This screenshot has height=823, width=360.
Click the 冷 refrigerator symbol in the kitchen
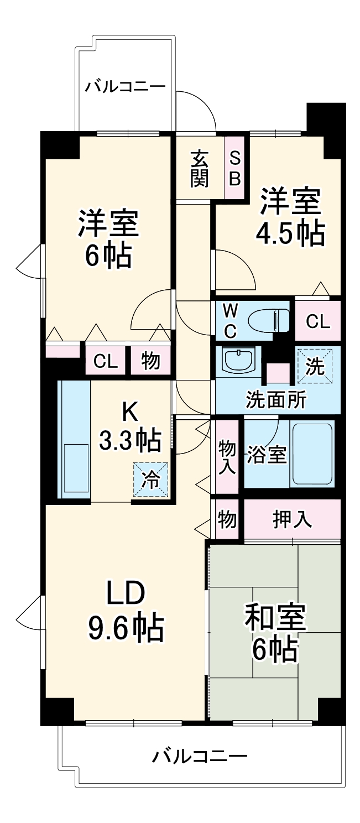coord(150,480)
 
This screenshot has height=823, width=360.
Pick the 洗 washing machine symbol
coord(315,366)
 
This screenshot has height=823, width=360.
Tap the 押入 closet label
coord(292,519)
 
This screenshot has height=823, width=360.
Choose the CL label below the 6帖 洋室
coord(106,362)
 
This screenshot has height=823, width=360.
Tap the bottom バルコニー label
coord(200,755)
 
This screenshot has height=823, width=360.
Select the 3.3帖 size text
coord(130,440)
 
